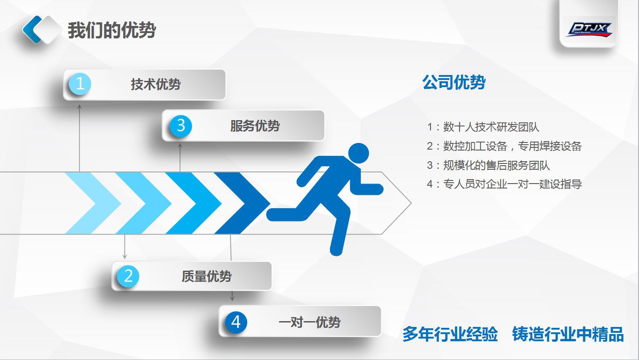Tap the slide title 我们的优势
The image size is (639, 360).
[x=112, y=31]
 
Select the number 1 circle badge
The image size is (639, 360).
[x=80, y=84]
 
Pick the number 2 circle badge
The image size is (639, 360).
[x=128, y=276]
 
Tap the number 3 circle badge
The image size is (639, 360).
[x=181, y=126]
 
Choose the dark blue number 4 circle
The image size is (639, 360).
[x=236, y=322]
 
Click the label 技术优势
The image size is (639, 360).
[x=155, y=84]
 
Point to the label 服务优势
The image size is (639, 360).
[x=255, y=126]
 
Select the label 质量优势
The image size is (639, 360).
[x=206, y=276]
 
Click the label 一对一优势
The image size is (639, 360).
[x=309, y=322]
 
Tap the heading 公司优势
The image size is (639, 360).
[x=454, y=83]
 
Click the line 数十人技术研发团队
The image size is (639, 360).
[x=491, y=127]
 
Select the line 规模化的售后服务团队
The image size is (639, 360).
[x=496, y=165]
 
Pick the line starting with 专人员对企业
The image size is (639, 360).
[x=512, y=184]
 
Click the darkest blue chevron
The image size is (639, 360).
[x=241, y=203]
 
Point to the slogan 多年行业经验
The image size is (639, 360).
[x=450, y=334]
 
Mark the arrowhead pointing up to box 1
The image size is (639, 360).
[x=79, y=106]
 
